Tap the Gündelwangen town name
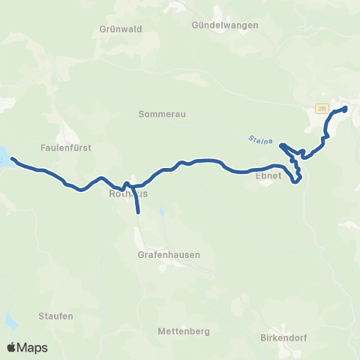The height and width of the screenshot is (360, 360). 224,25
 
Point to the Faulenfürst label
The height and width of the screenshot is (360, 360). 66,148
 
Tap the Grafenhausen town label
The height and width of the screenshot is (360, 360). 169,254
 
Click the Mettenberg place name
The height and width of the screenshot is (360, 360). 184,331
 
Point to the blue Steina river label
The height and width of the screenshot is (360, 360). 259,139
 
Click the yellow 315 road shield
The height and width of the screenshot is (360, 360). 322,109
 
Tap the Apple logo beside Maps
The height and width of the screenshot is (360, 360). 12,347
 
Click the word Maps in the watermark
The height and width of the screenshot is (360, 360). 33,347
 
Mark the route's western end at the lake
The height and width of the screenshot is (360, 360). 13,159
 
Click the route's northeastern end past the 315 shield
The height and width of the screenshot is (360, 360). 345,109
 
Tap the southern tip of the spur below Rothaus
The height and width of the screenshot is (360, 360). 139,212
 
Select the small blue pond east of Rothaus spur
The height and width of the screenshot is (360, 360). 160,213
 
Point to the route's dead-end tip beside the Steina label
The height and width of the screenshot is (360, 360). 282,145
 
